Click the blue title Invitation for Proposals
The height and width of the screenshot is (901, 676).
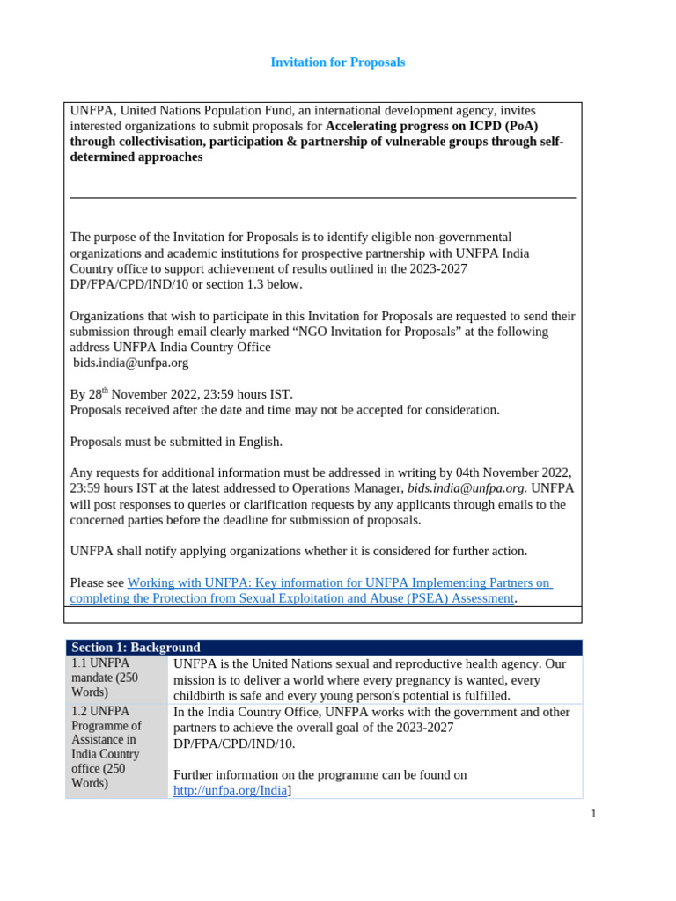click(x=337, y=62)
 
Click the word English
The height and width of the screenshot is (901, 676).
click(x=257, y=441)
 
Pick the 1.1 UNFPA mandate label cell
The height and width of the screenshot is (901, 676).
click(x=116, y=679)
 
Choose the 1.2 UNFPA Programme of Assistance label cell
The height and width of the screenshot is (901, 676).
click(x=116, y=747)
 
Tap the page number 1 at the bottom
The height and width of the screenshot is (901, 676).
click(x=594, y=814)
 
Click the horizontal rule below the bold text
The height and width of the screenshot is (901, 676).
click(x=322, y=198)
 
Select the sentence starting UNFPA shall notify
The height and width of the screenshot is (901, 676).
click(x=298, y=551)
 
